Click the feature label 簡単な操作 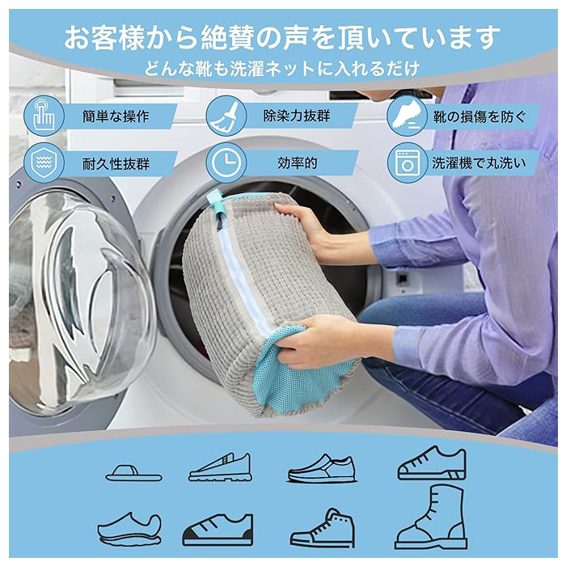coord(116,116)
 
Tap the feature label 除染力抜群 coord(297,116)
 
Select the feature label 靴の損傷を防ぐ coord(479,116)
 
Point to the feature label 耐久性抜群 coord(116,164)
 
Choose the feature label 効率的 coord(297,163)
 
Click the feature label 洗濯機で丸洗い coord(479,163)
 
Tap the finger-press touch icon coord(44,116)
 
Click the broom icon coord(226,116)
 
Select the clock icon coord(226,163)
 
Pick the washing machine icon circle coord(408,163)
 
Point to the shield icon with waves coord(44,163)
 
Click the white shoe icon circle coord(408,116)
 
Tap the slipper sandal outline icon coord(133,473)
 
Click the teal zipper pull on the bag coord(216,205)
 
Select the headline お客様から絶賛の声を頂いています coord(282,37)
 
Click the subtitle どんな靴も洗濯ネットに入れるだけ coord(282,69)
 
